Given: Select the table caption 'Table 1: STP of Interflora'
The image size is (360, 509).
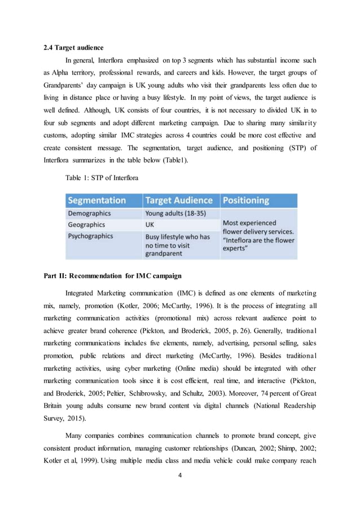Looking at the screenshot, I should click(101, 177).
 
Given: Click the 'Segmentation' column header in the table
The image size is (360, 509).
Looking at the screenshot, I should click(96, 200).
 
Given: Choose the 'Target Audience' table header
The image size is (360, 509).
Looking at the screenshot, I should click(179, 200).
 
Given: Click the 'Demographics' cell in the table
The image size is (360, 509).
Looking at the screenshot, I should click(89, 214).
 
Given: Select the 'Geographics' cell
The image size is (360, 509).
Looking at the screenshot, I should click(86, 225).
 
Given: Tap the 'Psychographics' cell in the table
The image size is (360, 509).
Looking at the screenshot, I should click(91, 236).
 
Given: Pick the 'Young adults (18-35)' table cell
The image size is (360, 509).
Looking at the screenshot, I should click(175, 214).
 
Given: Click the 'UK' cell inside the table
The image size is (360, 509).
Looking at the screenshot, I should click(151, 225).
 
